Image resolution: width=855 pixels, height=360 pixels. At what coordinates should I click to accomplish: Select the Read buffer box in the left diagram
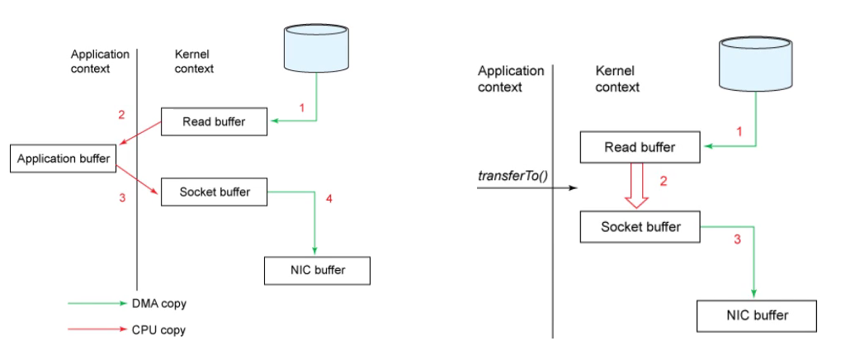tap(215, 122)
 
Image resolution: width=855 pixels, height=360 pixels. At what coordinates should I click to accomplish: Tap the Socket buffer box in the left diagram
tap(215, 192)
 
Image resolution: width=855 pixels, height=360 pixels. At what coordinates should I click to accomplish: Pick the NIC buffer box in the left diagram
tap(317, 269)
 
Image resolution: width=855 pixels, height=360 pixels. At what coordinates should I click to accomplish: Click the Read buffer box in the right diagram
tap(640, 148)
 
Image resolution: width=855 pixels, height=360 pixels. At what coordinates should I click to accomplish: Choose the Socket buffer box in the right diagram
tap(640, 226)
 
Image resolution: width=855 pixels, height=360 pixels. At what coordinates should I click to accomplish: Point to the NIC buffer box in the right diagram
tap(757, 315)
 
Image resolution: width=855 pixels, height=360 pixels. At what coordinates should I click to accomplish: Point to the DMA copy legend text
tap(159, 304)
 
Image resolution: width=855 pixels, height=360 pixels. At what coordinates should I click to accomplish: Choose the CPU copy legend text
tap(159, 330)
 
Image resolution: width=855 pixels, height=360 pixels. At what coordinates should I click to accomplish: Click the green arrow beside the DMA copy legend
tap(96, 304)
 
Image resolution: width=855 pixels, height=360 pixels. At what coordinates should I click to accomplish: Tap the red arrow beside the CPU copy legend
tap(96, 330)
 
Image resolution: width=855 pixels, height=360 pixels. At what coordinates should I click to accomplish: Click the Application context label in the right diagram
tap(511, 78)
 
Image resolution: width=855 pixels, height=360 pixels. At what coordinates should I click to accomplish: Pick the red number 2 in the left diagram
tap(121, 115)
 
